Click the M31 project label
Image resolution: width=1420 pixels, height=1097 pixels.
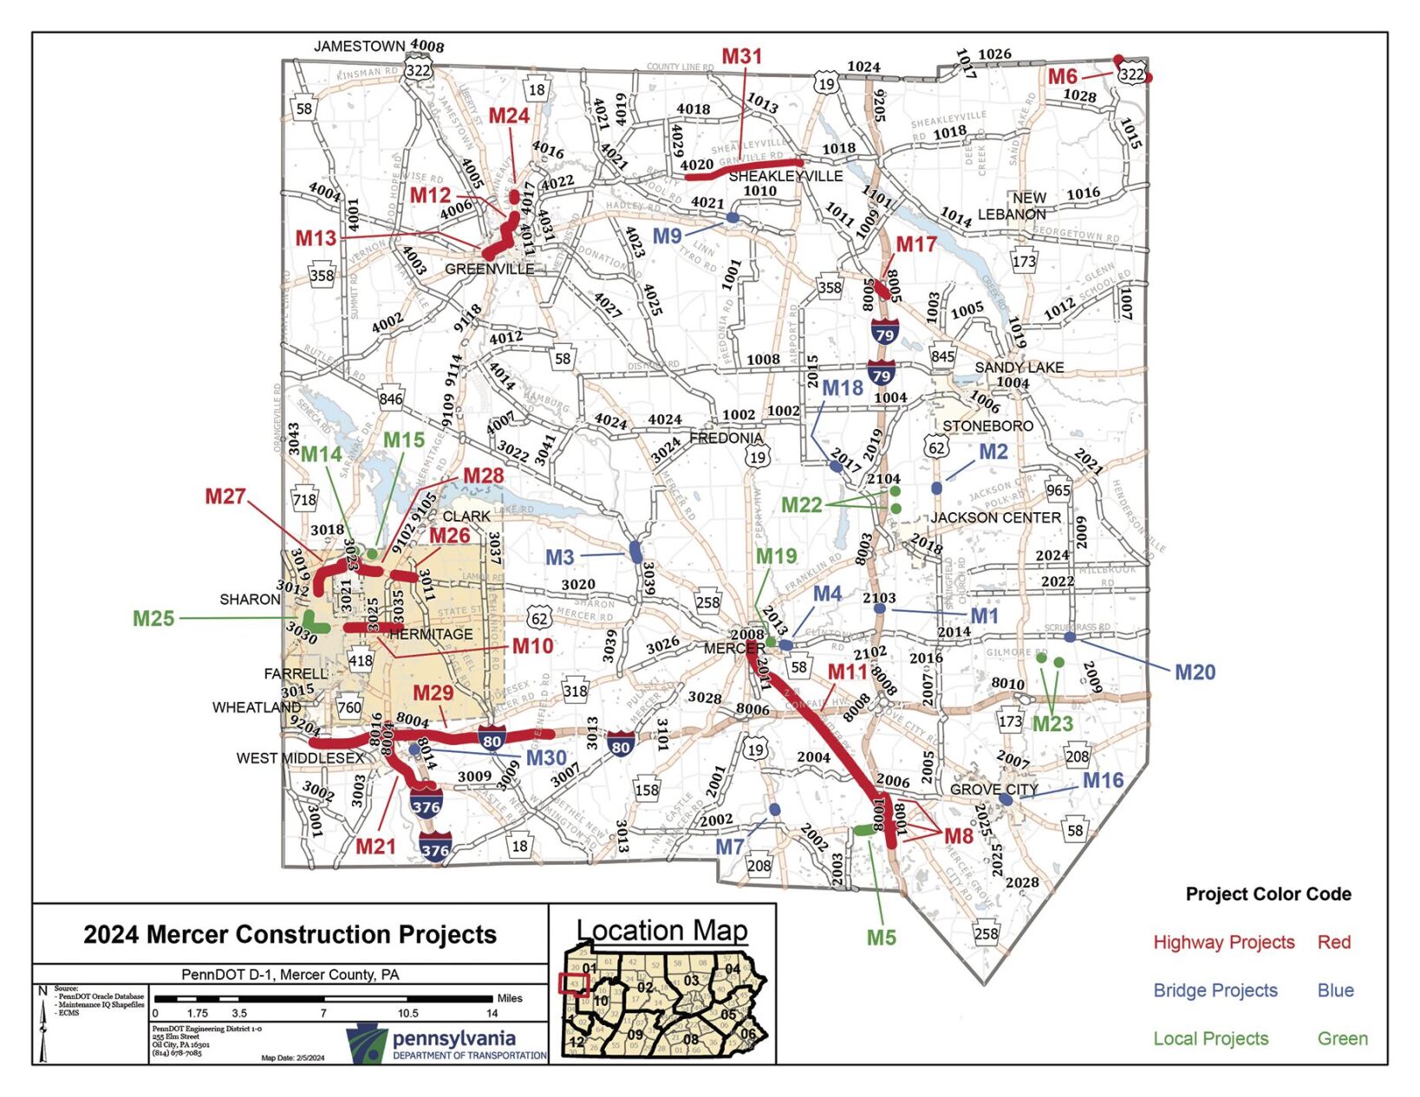(x=741, y=57)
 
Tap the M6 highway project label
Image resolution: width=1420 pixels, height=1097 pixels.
(x=1062, y=76)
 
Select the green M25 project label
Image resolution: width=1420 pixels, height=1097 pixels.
(x=153, y=619)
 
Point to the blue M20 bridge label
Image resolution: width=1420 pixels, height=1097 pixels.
(x=1195, y=672)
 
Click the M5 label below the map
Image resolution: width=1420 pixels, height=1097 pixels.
(x=881, y=938)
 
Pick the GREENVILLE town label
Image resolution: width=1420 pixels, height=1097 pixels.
(x=489, y=269)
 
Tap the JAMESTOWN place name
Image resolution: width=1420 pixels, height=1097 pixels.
(x=359, y=46)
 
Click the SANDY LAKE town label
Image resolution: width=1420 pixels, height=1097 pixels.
(x=1019, y=367)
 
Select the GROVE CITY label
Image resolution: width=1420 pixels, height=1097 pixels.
(x=993, y=789)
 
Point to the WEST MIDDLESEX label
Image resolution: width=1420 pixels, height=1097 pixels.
(x=300, y=758)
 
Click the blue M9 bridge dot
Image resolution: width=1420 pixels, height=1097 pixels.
(x=733, y=217)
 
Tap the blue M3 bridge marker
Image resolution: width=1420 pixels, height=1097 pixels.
(x=635, y=552)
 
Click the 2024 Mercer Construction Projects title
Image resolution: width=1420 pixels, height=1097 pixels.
(x=290, y=934)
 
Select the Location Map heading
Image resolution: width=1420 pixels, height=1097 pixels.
(x=661, y=930)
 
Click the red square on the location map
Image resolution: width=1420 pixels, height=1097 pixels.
(x=574, y=984)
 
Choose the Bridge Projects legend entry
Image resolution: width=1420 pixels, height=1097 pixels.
(x=1215, y=990)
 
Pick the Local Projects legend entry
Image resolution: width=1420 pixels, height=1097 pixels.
(x=1210, y=1038)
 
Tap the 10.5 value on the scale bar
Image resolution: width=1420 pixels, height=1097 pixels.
(x=407, y=1013)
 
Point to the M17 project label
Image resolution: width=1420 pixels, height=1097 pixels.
(x=915, y=244)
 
